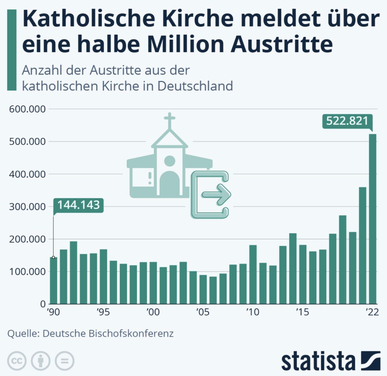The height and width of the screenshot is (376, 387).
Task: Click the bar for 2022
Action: point(372,219)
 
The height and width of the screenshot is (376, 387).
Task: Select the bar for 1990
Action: point(54,281)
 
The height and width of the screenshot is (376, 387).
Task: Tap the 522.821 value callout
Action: point(347,121)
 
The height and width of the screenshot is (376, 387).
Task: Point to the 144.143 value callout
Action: point(78,205)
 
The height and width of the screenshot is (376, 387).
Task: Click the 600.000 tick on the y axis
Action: point(27,109)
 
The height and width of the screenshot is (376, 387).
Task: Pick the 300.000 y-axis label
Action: point(27,207)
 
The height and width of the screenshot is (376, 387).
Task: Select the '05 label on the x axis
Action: point(203,312)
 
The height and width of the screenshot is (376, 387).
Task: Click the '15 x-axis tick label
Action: point(303,312)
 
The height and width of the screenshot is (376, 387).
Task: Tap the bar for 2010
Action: point(253,274)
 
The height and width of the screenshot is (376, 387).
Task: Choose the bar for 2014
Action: point(293,269)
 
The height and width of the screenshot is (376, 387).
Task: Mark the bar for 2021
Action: point(362,245)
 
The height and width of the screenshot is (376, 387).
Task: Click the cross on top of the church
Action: point(169,120)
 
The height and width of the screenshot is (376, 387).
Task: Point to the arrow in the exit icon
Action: point(216,194)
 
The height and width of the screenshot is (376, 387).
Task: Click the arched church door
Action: point(170,183)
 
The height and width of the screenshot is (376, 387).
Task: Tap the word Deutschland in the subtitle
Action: point(195,86)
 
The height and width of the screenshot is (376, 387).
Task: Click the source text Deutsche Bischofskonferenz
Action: point(108,333)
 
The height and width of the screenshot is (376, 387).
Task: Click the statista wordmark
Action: point(318,361)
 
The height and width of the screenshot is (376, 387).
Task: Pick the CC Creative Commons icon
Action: point(17,361)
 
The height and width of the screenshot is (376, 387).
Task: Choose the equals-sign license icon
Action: point(64,361)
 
